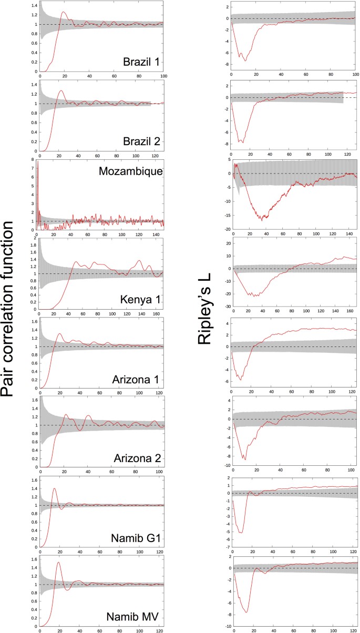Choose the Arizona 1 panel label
(138, 379)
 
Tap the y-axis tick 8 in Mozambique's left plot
(34, 160)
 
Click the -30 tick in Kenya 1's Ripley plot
(225, 307)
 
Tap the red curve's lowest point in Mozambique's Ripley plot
(261, 220)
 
